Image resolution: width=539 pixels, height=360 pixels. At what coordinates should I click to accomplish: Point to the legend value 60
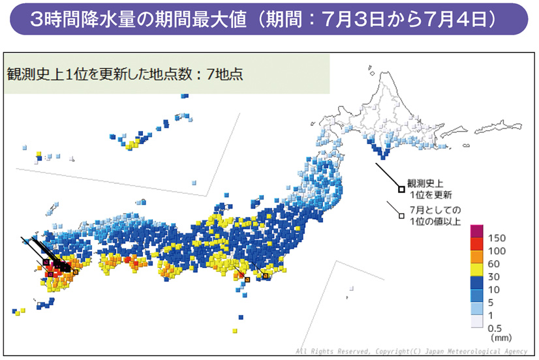point(494,265)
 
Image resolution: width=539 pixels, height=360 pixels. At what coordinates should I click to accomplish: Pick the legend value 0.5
point(495,330)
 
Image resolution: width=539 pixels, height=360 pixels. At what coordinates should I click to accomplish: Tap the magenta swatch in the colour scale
point(476,231)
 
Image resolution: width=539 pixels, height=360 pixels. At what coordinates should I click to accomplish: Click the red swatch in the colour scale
point(476,244)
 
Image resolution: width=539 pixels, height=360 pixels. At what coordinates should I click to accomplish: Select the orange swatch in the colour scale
point(476,258)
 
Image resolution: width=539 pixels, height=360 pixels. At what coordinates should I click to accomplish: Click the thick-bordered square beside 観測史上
point(401,189)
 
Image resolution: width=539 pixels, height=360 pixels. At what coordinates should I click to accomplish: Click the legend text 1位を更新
point(431,194)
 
